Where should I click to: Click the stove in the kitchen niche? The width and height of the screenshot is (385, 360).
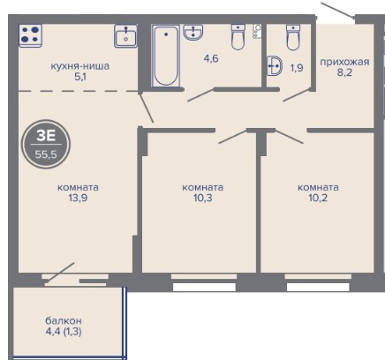(x=30, y=35)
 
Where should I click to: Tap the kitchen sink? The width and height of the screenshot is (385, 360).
(x=125, y=36)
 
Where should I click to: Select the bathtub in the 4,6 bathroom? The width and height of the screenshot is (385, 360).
(x=166, y=56)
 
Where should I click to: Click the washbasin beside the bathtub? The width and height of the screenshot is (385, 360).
(x=193, y=32)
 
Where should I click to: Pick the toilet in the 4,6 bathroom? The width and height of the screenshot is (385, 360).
(x=238, y=37)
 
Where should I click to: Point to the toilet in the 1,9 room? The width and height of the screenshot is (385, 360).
(x=293, y=37)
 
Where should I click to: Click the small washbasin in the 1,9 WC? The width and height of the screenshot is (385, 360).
(x=275, y=66)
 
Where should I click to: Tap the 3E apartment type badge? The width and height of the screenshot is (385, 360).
(x=46, y=144)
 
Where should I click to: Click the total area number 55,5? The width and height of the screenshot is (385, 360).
(x=46, y=154)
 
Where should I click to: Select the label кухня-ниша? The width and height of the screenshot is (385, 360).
(x=80, y=66)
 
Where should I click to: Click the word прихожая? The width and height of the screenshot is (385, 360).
(x=344, y=62)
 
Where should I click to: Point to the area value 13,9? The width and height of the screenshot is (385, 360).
(x=78, y=198)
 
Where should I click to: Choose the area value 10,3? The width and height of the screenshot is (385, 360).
(x=203, y=198)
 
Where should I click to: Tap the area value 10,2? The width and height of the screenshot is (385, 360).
(x=318, y=198)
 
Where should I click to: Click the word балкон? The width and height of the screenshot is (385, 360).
(x=64, y=320)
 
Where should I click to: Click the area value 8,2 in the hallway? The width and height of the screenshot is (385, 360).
(x=344, y=72)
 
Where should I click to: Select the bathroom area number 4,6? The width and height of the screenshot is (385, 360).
(x=211, y=58)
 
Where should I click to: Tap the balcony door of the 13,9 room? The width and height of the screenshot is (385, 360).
(x=60, y=274)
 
